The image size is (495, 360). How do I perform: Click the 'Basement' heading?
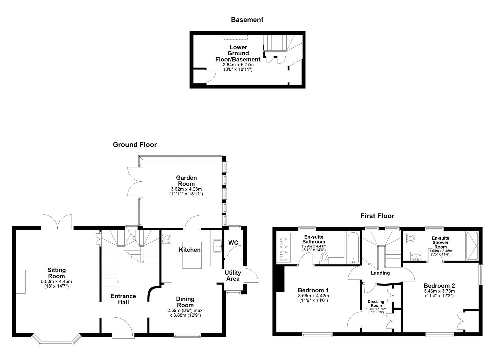coord(247,20)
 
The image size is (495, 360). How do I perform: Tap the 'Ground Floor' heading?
coord(135,145)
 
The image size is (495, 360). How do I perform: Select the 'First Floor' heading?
coord(377,216)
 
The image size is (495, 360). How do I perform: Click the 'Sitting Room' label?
coord(56,273)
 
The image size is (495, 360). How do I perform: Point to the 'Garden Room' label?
coord(186,181)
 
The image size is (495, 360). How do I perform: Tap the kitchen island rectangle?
coord(192,255)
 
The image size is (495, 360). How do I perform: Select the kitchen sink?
coord(218,246)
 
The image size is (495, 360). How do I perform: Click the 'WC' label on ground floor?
coord(233,243)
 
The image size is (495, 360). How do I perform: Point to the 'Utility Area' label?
coord(233,276)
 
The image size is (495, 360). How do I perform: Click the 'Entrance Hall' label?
coord(123,299)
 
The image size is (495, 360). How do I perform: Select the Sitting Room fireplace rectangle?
coord(21,282)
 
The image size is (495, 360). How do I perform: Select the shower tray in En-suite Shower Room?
coord(472,246)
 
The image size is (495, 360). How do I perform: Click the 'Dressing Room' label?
coord(376,304)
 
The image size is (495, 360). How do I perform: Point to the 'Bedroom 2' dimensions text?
coord(439,293)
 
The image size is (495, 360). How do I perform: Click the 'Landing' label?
coord(380,273)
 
